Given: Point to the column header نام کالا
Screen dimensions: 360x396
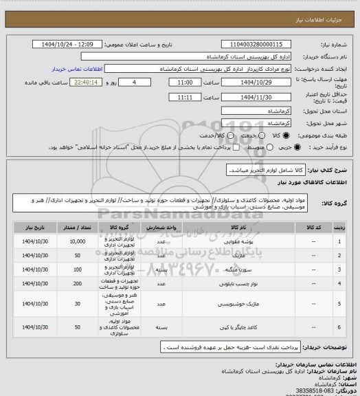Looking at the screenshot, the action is (244, 225).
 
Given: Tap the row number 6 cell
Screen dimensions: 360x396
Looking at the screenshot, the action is (339, 327).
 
